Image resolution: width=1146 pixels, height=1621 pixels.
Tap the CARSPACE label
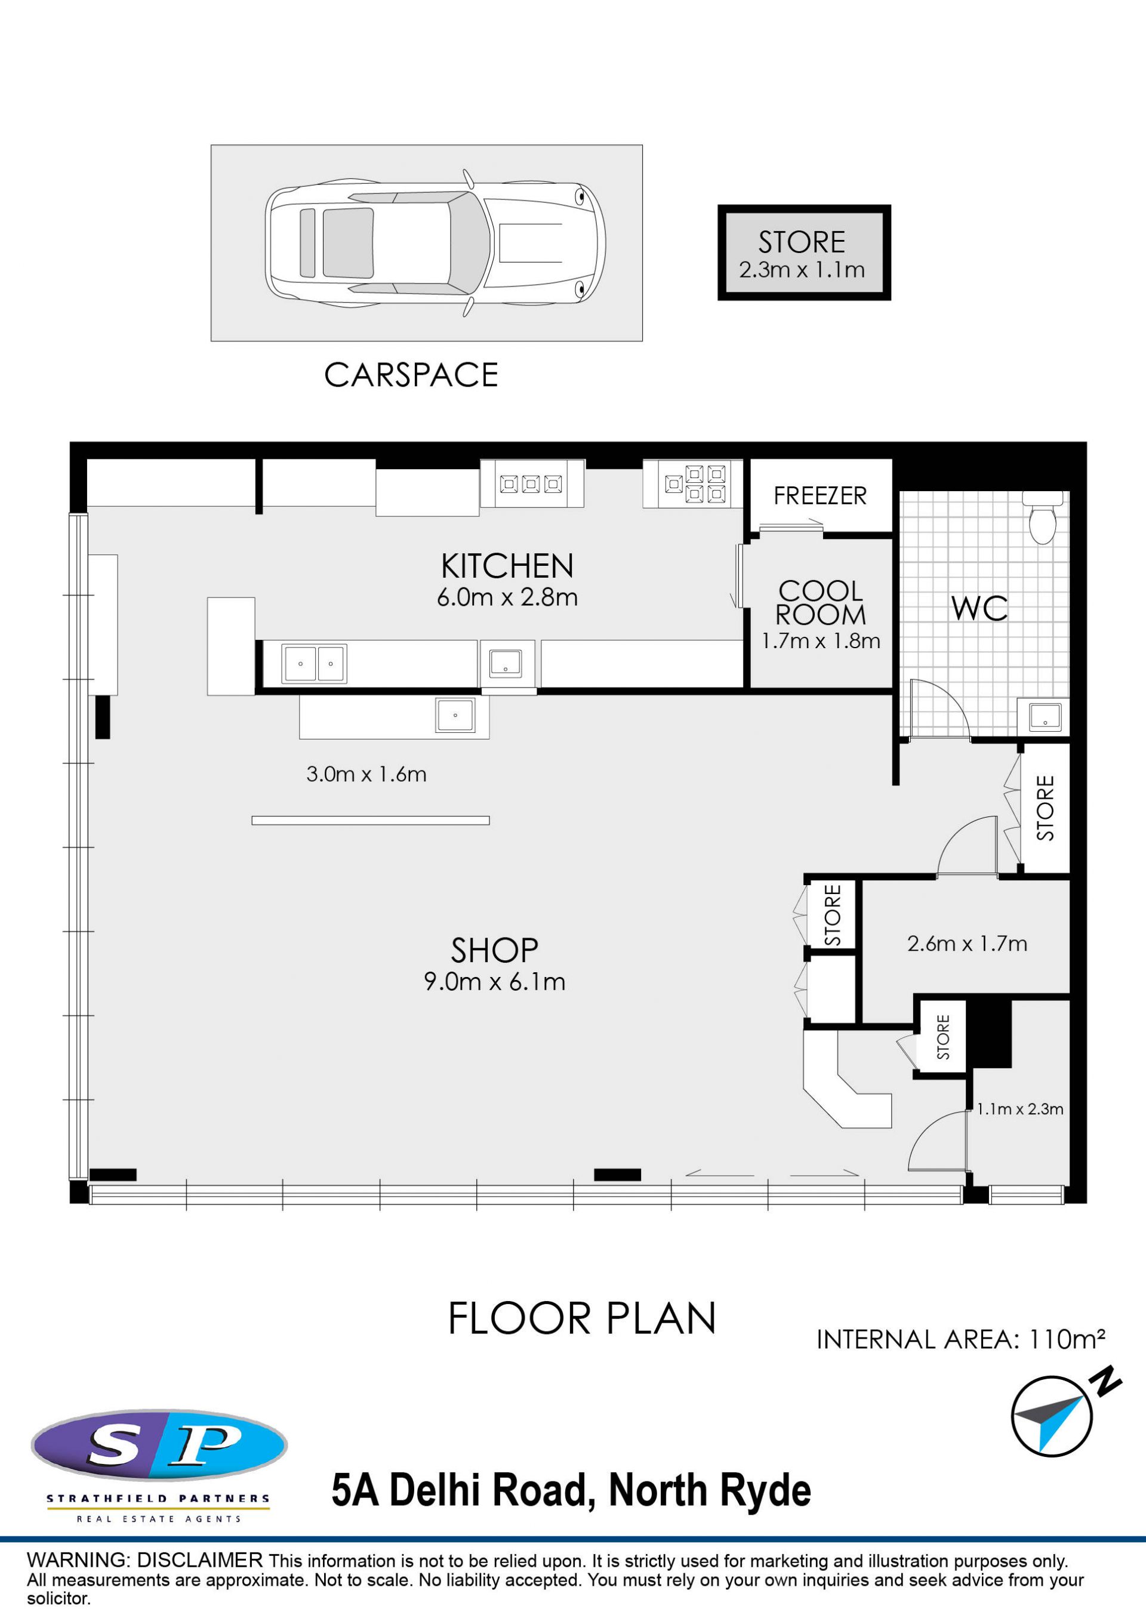[411, 375]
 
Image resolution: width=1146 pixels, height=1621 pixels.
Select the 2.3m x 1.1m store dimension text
[802, 270]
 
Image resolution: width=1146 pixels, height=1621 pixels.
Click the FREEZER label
[820, 495]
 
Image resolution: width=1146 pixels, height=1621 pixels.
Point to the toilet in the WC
[1043, 517]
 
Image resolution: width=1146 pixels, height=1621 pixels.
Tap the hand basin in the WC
[1045, 717]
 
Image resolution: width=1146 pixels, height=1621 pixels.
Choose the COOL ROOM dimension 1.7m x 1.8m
[821, 641]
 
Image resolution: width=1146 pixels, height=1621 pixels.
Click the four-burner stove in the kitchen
[695, 483]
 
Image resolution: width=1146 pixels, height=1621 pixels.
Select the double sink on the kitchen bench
[314, 664]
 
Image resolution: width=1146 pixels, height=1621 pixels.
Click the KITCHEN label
[507, 566]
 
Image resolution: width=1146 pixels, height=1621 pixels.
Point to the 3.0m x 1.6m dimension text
[366, 775]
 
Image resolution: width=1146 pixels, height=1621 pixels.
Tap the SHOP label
[494, 950]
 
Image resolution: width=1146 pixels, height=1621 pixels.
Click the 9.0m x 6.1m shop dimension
[494, 981]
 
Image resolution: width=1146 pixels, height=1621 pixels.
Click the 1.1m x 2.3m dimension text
[1019, 1109]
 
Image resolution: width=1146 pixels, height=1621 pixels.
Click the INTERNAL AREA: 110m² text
[961, 1339]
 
